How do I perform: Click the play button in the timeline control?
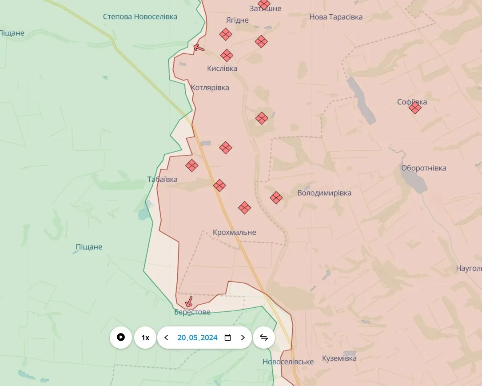(x=121, y=338)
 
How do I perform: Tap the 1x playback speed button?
(x=145, y=338)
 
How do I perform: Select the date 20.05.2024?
(x=197, y=338)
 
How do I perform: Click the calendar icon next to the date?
(x=228, y=338)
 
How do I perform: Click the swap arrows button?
(x=264, y=338)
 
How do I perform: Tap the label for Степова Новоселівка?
(x=140, y=16)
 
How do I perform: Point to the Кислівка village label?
(x=222, y=68)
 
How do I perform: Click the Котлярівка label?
(x=210, y=88)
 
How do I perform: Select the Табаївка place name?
(x=163, y=180)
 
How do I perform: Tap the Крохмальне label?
(x=235, y=233)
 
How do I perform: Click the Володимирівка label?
(x=324, y=193)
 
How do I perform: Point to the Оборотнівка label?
(x=423, y=168)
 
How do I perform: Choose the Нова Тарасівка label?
(x=336, y=17)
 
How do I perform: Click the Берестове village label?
(x=192, y=312)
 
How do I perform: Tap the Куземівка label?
(x=339, y=358)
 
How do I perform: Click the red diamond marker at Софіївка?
(x=415, y=108)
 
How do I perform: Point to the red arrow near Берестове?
(x=189, y=302)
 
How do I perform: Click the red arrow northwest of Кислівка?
(x=199, y=47)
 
